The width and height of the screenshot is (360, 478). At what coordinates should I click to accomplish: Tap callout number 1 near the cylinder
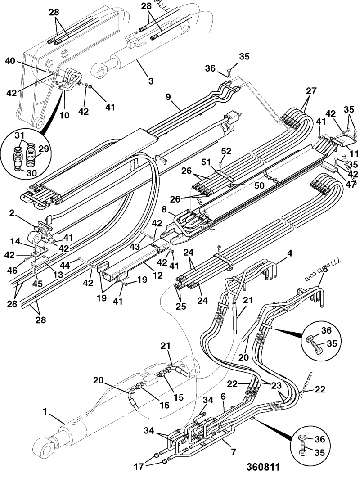point(45,411)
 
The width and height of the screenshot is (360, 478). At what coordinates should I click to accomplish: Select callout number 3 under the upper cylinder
point(151,81)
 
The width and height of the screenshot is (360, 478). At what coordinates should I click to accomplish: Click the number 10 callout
point(64,115)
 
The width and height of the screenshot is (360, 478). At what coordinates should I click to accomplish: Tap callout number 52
point(226,152)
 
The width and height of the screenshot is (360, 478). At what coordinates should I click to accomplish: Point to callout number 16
point(164,405)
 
